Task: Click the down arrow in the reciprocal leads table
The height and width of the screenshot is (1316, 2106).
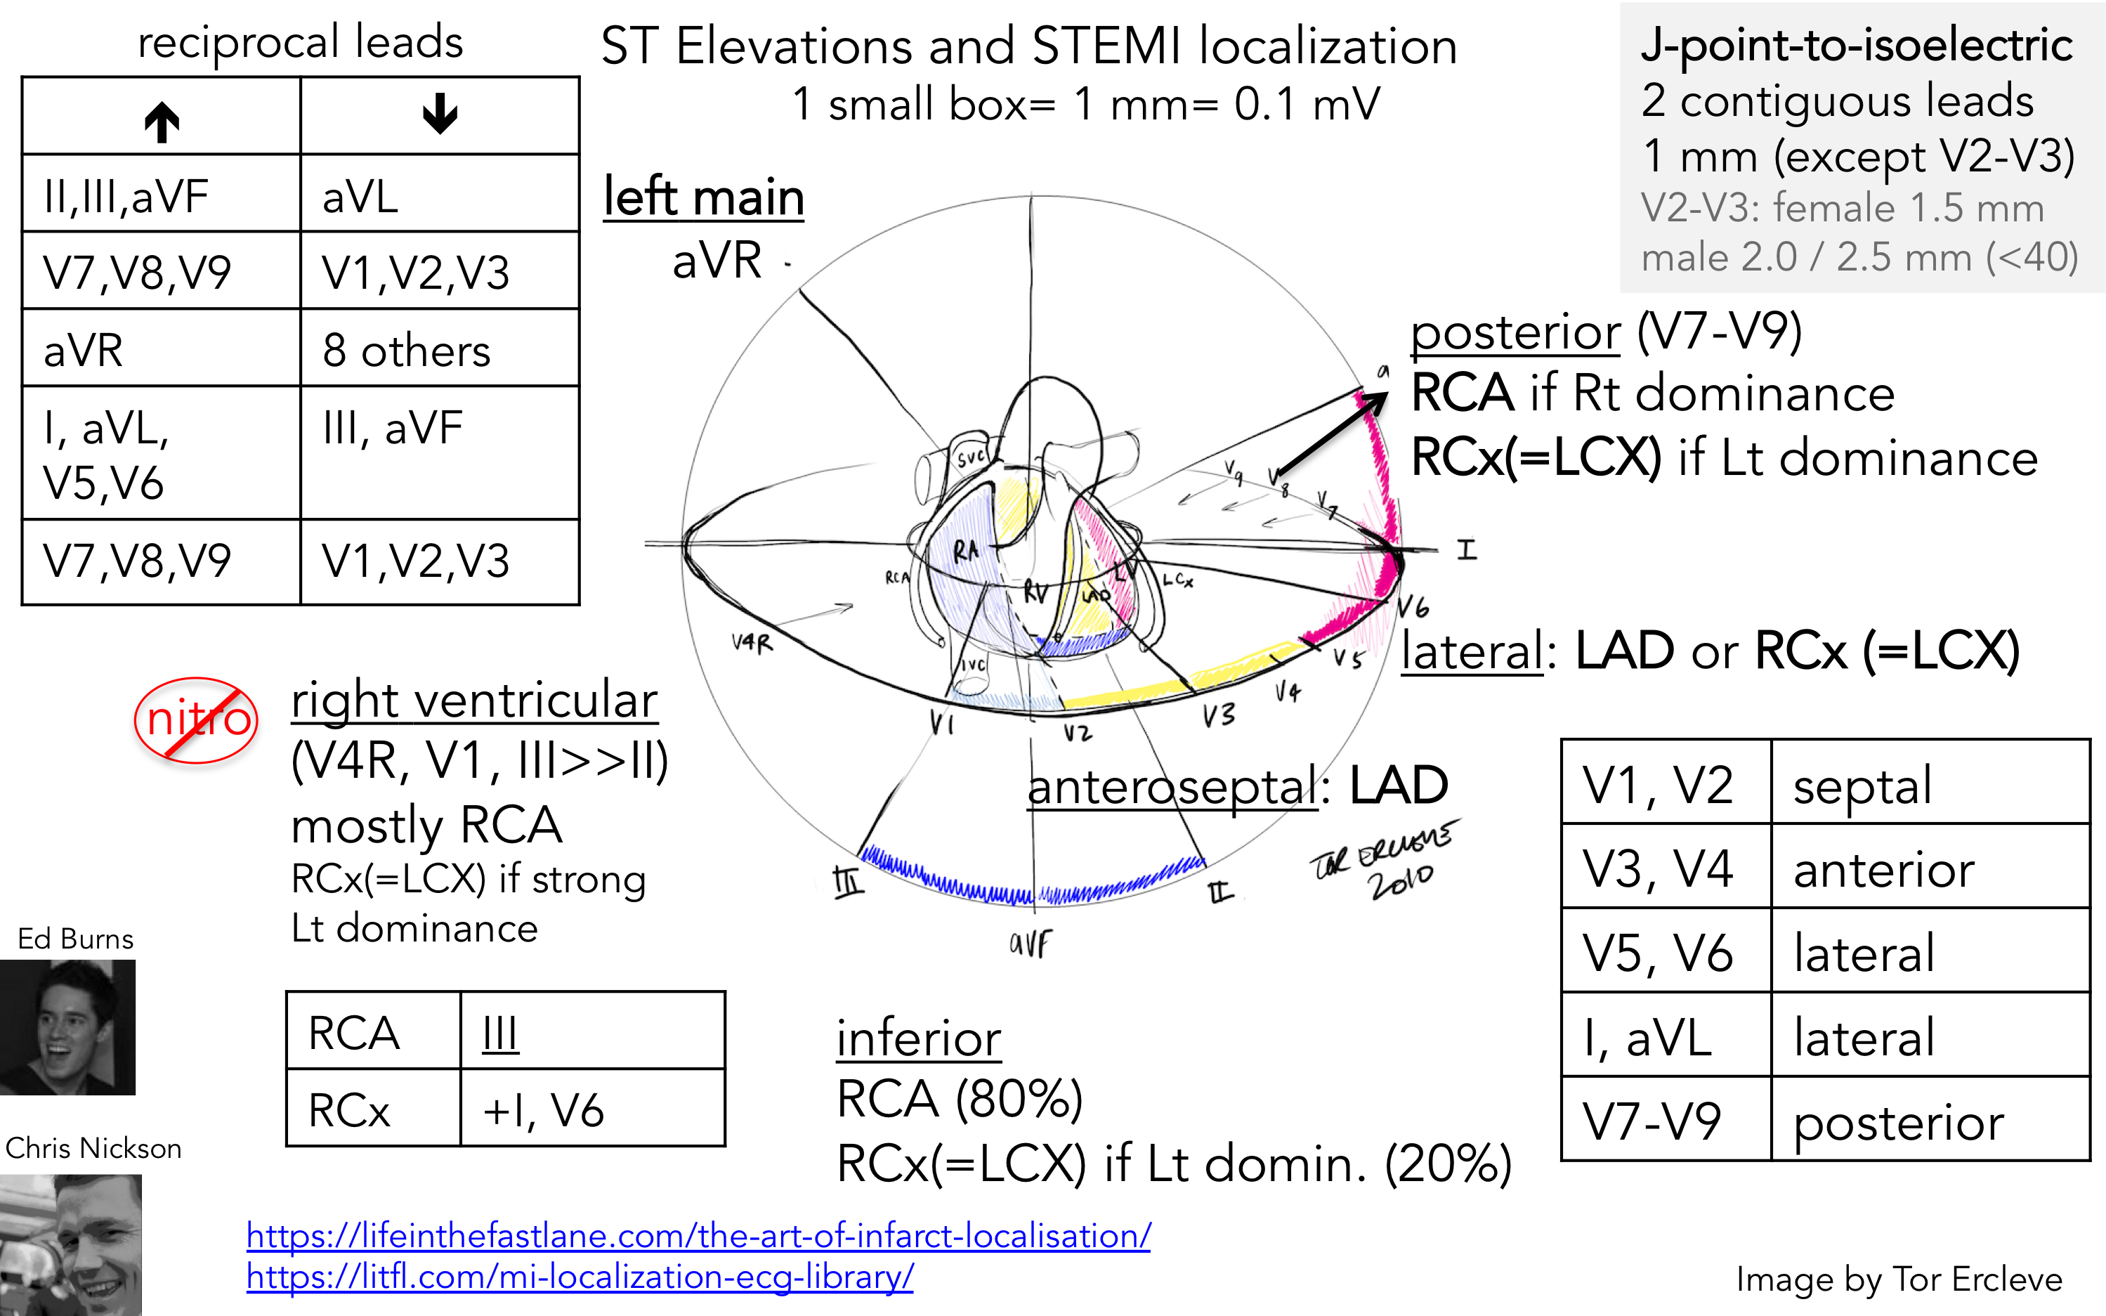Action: click(x=440, y=114)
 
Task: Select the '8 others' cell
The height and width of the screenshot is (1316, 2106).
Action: click(x=407, y=351)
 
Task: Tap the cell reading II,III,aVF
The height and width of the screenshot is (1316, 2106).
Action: click(x=126, y=197)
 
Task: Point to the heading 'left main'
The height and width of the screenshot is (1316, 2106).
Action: click(x=703, y=197)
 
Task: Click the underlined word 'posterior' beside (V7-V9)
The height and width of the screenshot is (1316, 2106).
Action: click(x=1515, y=332)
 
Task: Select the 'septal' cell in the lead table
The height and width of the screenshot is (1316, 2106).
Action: click(x=1862, y=785)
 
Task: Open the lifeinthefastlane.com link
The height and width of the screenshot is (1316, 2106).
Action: click(x=698, y=1236)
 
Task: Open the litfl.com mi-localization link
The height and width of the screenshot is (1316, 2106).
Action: click(x=580, y=1277)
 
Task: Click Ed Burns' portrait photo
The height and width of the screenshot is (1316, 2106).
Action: click(x=68, y=1027)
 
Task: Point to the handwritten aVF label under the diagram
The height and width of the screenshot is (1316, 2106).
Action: click(x=1031, y=943)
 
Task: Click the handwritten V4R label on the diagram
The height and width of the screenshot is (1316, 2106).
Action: click(x=752, y=643)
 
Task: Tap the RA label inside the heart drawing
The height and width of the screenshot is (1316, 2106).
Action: click(x=965, y=550)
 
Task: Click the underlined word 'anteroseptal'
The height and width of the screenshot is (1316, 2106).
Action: click(x=1172, y=787)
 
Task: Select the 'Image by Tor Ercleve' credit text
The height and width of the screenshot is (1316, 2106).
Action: click(x=1898, y=1279)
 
